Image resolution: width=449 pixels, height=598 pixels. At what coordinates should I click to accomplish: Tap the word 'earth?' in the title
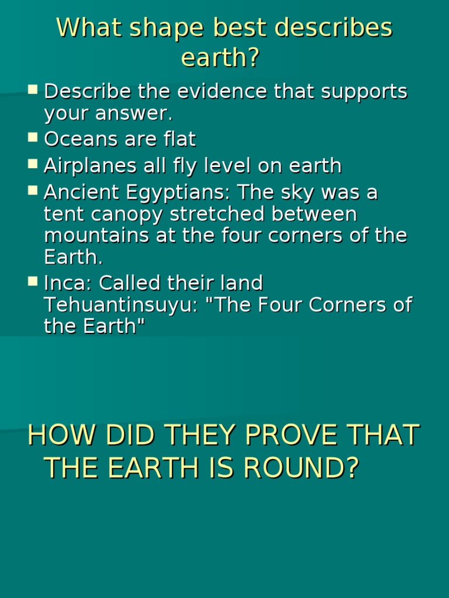pos(220,57)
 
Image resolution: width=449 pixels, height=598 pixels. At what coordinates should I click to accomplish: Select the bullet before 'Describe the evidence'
pos(33,90)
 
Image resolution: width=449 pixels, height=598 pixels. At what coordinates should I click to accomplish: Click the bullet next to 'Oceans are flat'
pos(33,138)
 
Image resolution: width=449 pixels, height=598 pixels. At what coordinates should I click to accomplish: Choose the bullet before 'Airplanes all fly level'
pos(33,164)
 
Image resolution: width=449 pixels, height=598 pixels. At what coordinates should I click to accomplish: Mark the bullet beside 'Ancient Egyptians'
pos(33,190)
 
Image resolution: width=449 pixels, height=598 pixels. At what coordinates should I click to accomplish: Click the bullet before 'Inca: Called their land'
pos(33,281)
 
